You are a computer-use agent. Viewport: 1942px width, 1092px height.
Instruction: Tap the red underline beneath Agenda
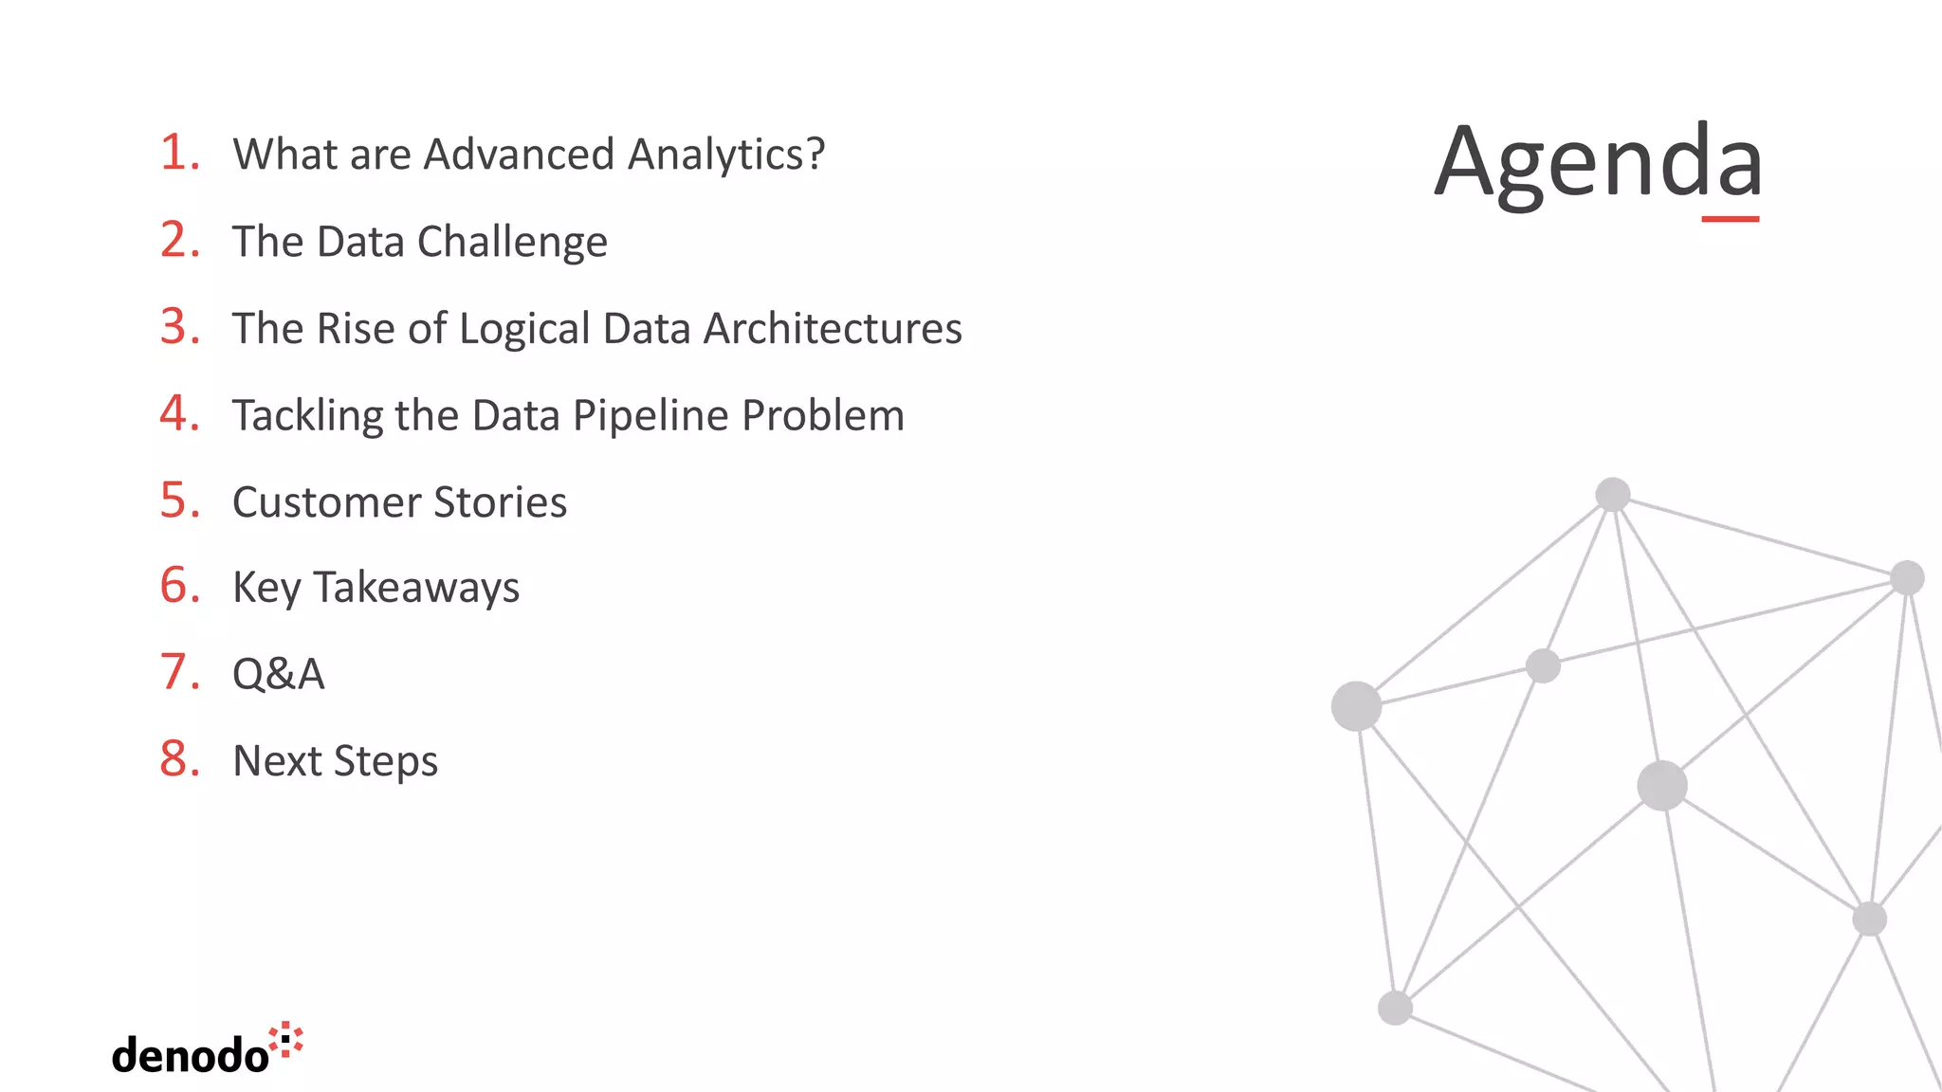(1730, 219)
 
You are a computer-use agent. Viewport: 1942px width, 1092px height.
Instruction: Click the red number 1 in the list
(177, 153)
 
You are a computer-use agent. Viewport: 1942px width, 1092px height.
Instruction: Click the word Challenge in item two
(512, 243)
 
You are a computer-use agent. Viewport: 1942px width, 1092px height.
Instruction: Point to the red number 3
(179, 327)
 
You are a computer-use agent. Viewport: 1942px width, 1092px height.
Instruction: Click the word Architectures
(833, 329)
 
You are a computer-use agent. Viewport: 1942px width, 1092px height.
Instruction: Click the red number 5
(179, 500)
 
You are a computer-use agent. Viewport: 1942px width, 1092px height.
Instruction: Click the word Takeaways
(416, 588)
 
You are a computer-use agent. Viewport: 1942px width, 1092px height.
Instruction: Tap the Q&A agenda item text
(278, 675)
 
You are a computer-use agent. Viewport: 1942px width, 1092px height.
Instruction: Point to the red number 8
(179, 759)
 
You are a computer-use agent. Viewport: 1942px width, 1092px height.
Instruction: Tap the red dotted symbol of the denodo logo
(286, 1040)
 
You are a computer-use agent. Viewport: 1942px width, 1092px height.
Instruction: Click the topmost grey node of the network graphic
(1612, 494)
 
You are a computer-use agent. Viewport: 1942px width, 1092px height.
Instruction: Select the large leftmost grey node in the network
(1356, 706)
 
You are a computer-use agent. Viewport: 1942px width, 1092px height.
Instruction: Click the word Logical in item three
(524, 330)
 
